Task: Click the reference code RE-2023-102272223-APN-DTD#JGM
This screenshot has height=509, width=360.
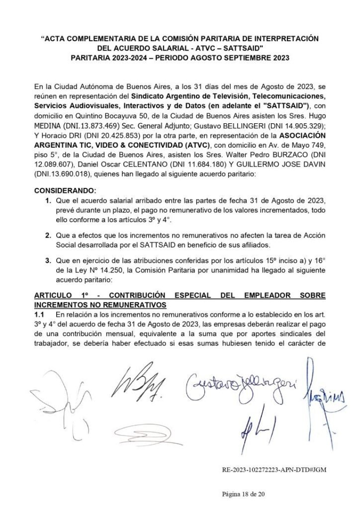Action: tap(274, 469)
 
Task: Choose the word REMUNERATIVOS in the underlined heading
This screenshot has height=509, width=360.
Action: tap(136, 304)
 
